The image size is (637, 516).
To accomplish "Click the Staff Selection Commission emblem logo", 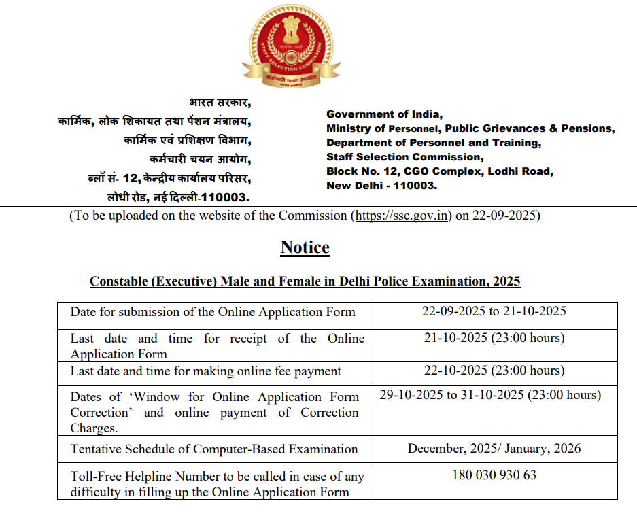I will (291, 46).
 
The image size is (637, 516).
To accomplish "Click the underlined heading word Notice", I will (305, 247).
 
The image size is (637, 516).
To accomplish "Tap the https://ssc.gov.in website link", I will (401, 216).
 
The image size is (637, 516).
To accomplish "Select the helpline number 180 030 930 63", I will (494, 475).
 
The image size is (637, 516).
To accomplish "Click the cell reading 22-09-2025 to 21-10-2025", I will (494, 311).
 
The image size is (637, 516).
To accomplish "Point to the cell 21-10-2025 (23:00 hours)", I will (494, 337).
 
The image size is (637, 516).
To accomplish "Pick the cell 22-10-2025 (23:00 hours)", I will (494, 371).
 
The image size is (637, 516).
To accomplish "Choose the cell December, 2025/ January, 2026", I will (494, 449).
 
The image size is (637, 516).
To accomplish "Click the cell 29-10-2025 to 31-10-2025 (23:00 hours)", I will (490, 394).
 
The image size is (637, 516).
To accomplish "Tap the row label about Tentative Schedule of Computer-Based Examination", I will (214, 449).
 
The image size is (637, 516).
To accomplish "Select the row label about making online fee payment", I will (206, 371).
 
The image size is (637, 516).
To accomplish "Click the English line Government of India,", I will (384, 114).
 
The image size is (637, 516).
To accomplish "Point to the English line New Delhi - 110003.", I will (381, 186).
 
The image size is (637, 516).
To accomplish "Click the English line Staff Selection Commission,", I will (404, 157).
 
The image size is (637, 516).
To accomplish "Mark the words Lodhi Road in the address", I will (523, 171).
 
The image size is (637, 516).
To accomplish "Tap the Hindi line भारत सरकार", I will (220, 103).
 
